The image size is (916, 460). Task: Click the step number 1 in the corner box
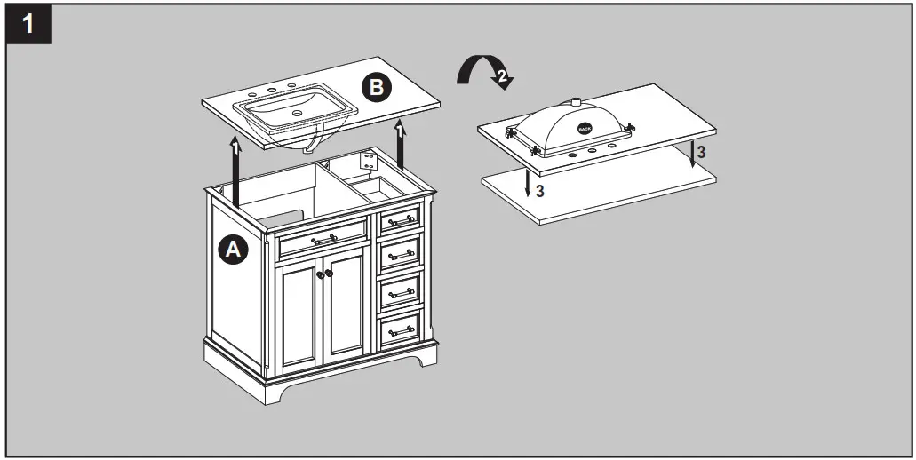(29, 24)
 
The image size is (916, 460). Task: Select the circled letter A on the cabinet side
(233, 251)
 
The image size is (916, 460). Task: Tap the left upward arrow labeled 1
(236, 169)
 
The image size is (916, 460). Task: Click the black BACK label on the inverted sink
(584, 128)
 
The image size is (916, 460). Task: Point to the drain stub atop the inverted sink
(576, 100)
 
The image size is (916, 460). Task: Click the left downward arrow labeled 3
(528, 182)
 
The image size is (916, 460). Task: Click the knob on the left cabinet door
(319, 274)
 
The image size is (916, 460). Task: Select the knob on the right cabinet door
(328, 274)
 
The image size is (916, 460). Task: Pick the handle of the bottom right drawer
(402, 330)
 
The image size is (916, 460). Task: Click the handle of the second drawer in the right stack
(402, 255)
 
